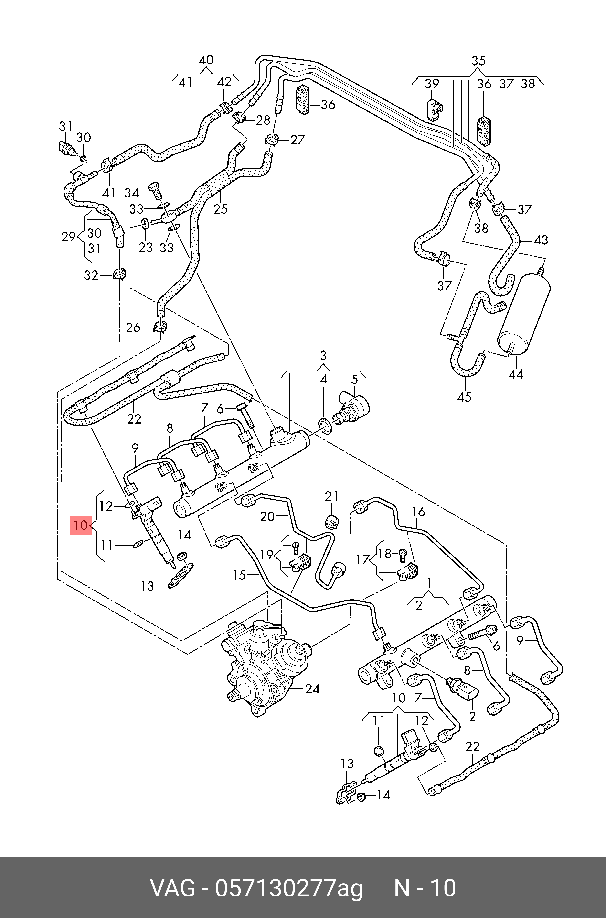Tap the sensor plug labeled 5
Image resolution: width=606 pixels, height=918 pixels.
point(354,408)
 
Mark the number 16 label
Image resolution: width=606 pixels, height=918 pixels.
point(418,512)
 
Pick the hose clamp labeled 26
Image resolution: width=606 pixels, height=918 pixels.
point(160,327)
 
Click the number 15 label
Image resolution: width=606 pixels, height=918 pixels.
point(239,575)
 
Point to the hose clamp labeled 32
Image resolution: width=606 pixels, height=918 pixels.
point(119,274)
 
